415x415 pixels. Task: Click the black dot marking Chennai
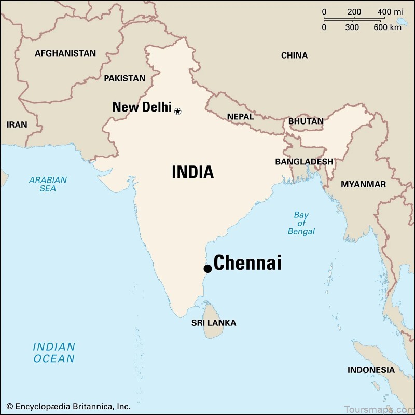point(208,268)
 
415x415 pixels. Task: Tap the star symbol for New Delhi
point(178,111)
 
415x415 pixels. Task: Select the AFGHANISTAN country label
point(65,53)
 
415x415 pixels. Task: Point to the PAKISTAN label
point(125,78)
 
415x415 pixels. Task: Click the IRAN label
point(17,125)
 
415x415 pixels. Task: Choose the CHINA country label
point(294,56)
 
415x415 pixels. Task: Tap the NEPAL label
point(241,117)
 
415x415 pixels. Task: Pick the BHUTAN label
point(306,121)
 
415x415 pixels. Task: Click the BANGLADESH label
point(304,162)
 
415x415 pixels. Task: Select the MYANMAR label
point(363,184)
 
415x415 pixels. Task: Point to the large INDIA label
point(192,172)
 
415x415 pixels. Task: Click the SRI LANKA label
point(214,323)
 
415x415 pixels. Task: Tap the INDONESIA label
point(371,370)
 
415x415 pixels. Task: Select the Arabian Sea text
point(48,184)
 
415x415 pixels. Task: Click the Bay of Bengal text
point(301,223)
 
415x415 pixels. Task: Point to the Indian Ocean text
point(54,353)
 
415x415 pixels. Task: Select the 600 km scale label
point(388,27)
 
